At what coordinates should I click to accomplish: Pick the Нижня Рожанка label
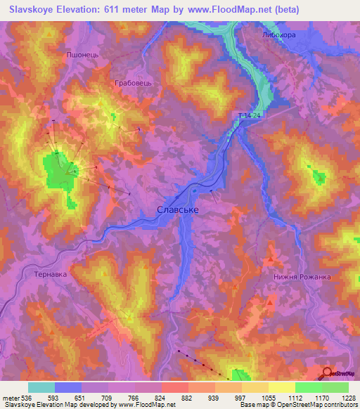point(302,277)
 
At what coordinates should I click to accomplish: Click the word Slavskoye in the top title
point(35,10)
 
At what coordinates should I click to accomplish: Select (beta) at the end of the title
point(282,10)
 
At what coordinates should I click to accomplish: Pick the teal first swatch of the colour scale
point(41,387)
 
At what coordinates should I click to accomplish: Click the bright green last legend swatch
point(335,387)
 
